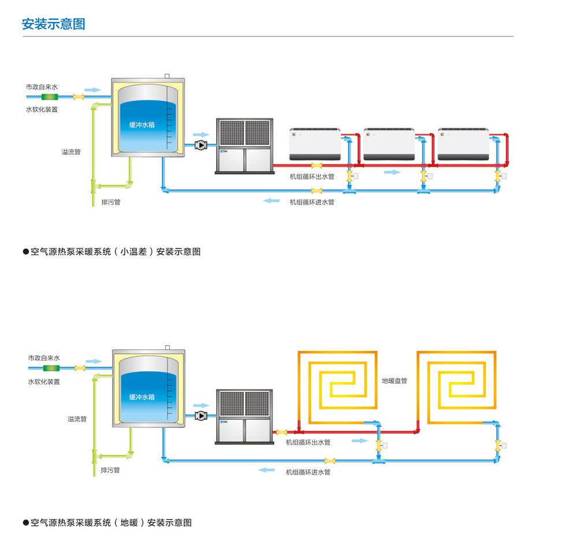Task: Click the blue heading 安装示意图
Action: coord(53,24)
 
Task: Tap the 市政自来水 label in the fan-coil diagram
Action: coord(42,87)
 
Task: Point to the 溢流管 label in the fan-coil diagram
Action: coord(71,152)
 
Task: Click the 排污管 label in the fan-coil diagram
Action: coord(110,202)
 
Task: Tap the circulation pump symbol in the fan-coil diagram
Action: coord(201,145)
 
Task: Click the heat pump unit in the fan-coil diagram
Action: coord(244,145)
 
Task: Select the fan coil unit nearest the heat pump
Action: coord(314,144)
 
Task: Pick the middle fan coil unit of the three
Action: coord(389,144)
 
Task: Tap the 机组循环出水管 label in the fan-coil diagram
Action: coord(312,177)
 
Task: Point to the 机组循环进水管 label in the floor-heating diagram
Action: coord(308,472)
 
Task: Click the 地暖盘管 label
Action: coord(394,381)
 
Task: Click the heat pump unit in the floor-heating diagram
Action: coord(244,417)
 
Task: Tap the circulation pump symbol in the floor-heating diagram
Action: coord(201,415)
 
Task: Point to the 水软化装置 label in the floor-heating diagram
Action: coord(44,382)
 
